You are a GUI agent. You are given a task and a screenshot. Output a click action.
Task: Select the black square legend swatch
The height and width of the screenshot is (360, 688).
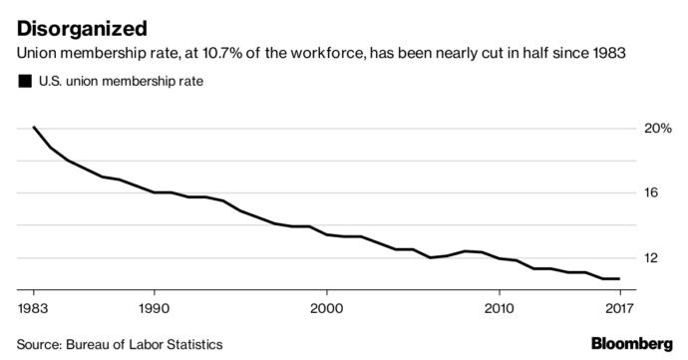[x=24, y=82]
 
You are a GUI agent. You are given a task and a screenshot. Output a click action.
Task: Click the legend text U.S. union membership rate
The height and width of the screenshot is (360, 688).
[x=120, y=82]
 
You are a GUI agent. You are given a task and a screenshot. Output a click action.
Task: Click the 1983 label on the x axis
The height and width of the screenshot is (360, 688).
[x=34, y=308]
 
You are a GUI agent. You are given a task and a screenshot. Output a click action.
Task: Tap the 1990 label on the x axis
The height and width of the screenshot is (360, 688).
[x=154, y=308]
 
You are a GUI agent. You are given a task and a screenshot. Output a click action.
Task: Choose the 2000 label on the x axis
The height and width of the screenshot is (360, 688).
[x=327, y=308]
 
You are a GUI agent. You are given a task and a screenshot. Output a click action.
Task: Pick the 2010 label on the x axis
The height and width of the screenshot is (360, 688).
[x=499, y=308]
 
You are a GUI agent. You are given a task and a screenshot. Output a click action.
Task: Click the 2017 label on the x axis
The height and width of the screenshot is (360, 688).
[x=618, y=308]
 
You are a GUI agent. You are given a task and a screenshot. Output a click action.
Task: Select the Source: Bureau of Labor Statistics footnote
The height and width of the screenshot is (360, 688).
[x=119, y=344]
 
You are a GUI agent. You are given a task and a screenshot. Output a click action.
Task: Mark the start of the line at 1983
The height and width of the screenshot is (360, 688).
[x=34, y=128]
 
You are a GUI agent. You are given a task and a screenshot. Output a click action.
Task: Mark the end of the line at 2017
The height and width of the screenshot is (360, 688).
[x=619, y=279]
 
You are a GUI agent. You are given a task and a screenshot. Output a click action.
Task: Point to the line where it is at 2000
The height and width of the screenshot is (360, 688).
[x=327, y=234]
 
